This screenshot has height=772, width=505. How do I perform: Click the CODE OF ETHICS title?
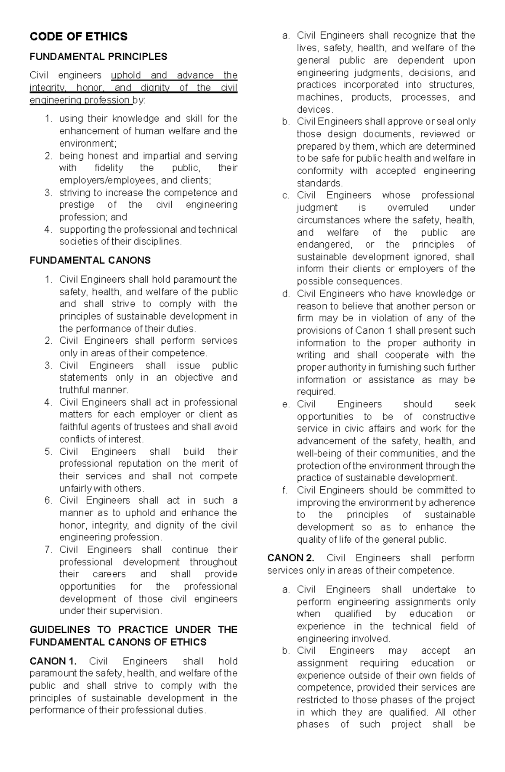[78, 37]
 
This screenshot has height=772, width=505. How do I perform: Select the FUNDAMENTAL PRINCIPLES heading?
[98, 56]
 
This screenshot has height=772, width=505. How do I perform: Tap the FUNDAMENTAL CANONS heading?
[90, 260]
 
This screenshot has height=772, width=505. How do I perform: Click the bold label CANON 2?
[291, 558]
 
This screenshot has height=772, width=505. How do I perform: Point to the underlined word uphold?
[126, 75]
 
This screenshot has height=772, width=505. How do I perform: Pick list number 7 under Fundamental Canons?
[48, 549]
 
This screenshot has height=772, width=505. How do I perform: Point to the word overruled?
[407, 207]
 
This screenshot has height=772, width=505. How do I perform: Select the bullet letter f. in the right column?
[285, 490]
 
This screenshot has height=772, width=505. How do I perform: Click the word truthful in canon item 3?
[75, 390]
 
